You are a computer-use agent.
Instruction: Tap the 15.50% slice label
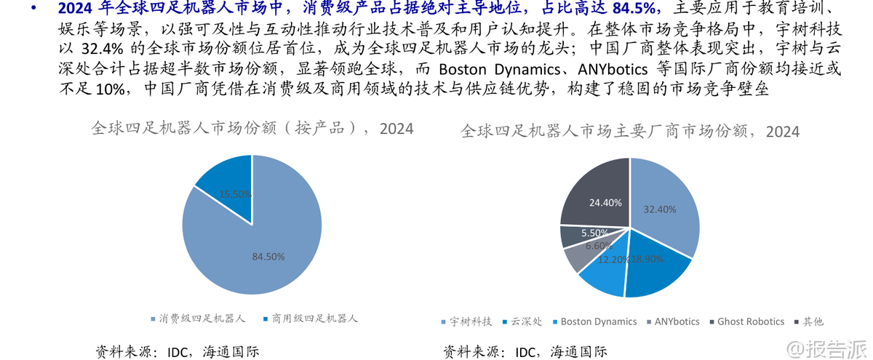[x=236, y=194]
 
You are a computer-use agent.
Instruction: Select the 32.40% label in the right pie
[x=659, y=209]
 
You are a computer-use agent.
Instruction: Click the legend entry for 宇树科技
[x=466, y=321]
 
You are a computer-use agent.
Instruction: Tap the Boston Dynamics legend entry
[x=594, y=321]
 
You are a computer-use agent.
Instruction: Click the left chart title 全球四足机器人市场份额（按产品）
[x=252, y=129]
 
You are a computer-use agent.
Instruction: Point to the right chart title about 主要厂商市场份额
[x=630, y=131]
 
